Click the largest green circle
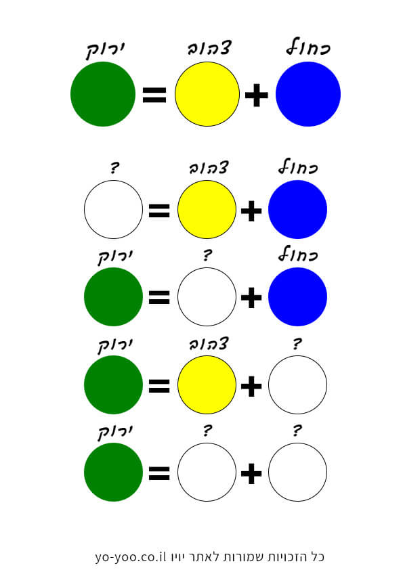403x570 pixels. point(103,94)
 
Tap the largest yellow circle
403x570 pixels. point(207,94)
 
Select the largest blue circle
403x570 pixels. point(308,94)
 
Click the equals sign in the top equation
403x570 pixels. point(154,95)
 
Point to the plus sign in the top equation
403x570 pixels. point(257,95)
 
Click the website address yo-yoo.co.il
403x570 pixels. point(131,556)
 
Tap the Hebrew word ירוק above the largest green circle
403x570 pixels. point(106,51)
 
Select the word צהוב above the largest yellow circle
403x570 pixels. point(209,48)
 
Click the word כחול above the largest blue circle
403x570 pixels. point(308,47)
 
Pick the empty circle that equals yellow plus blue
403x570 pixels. point(114,209)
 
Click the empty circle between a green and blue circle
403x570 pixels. point(207,297)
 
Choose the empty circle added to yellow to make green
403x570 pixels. point(297,385)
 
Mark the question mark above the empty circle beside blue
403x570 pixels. point(207,255)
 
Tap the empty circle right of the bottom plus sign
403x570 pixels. point(297,473)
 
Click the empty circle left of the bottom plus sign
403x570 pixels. point(207,473)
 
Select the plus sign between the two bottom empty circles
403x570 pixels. point(251,474)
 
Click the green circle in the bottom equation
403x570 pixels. point(114,473)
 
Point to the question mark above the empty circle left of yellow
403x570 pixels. point(114,168)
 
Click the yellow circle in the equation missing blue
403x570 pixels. point(207,385)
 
